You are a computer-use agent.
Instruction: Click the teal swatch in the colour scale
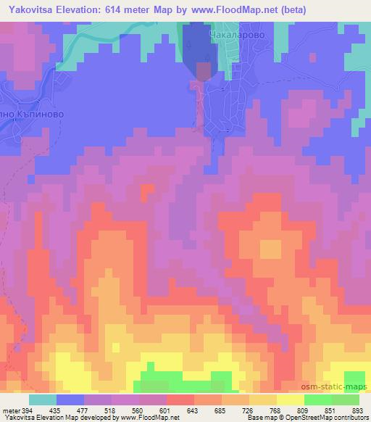(x=43, y=400)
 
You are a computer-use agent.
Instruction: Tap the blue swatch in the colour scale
(x=70, y=400)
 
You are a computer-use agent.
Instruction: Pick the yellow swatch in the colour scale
(x=290, y=400)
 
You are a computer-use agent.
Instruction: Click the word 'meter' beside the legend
(x=11, y=410)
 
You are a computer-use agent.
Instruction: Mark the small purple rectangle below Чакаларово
(x=204, y=70)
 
